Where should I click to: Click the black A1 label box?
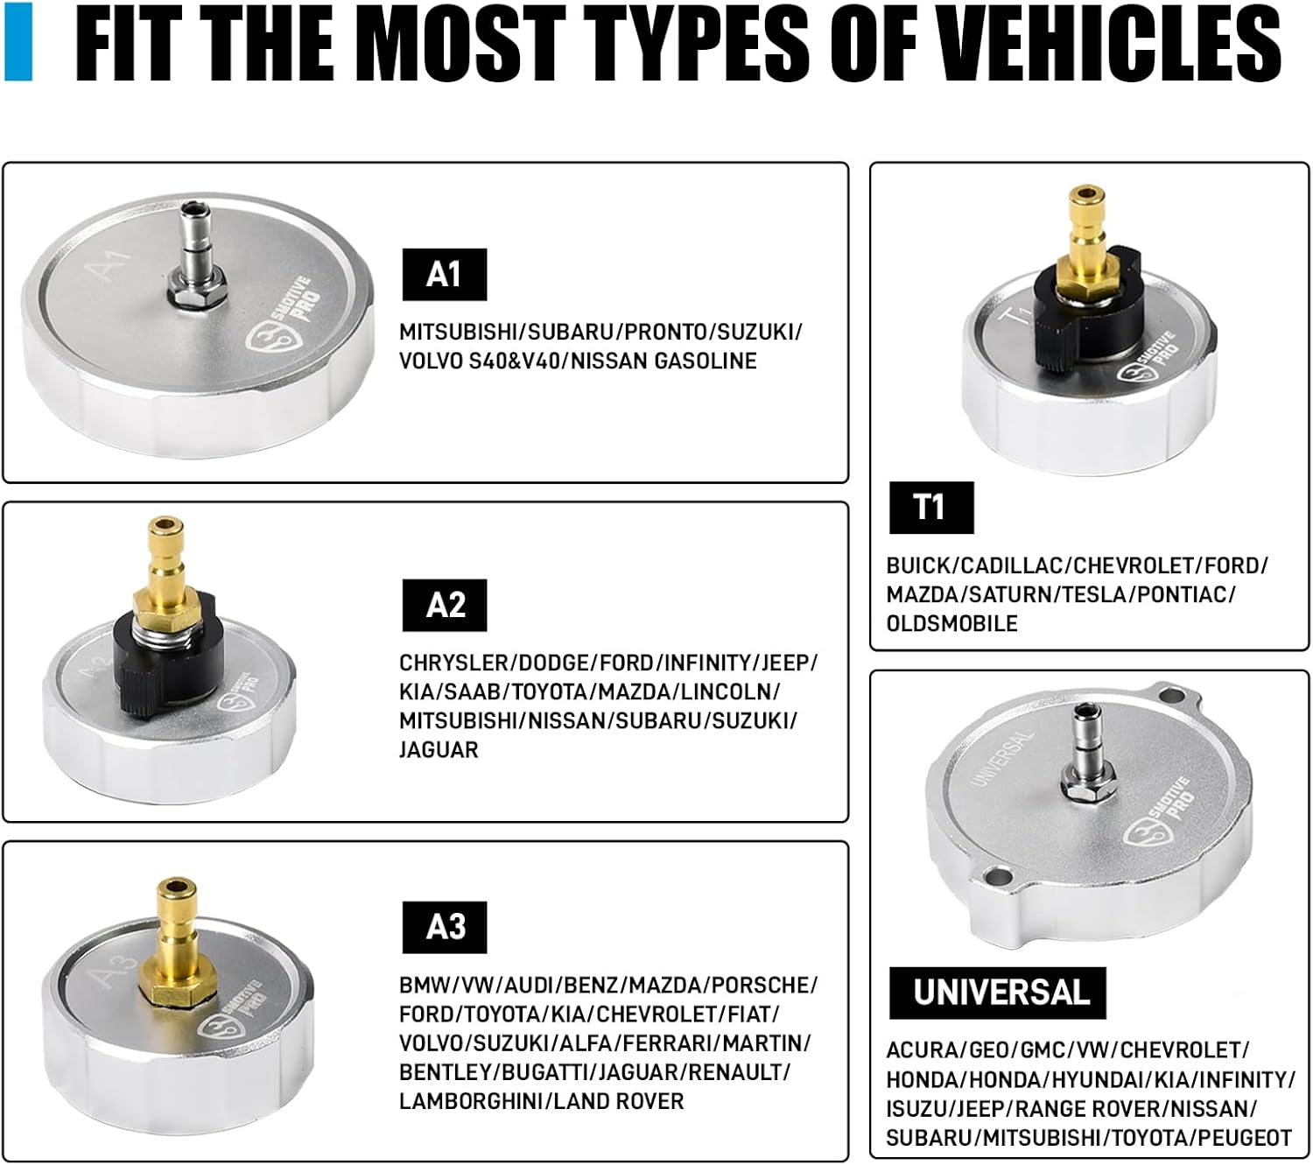coord(444,274)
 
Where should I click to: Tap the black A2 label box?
coord(444,605)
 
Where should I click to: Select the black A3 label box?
coord(444,927)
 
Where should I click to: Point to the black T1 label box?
coord(931,508)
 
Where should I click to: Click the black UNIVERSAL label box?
coord(997,993)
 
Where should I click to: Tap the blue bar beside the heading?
coord(18,41)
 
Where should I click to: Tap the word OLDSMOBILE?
coord(952,623)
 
